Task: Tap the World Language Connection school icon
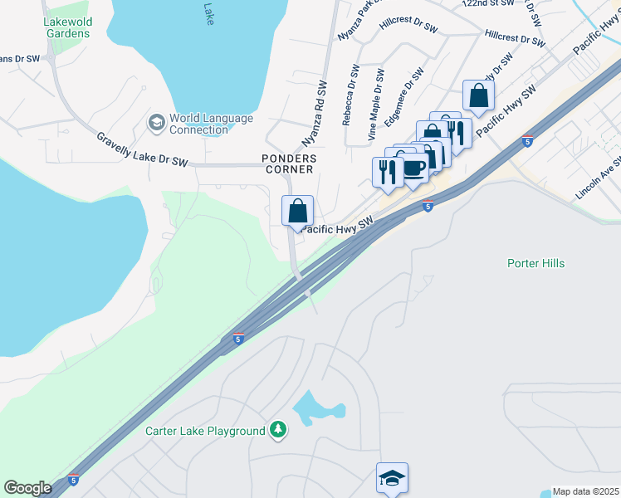coord(155,123)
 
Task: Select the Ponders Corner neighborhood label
coord(288,164)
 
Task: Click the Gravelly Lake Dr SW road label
coord(142,150)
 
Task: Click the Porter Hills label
coord(535,263)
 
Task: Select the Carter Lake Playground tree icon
coord(279,430)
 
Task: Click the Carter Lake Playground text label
coord(205,431)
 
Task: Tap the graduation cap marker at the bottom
coord(392,478)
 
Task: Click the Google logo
coord(27,488)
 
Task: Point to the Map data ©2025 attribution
coord(586,491)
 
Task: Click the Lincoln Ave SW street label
coord(598,178)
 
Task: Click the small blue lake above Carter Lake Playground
coord(315,408)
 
